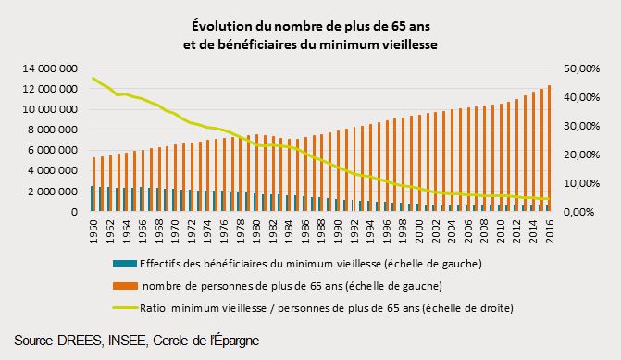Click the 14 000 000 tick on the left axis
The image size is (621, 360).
(x=56, y=68)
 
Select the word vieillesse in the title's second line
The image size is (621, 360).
(x=404, y=43)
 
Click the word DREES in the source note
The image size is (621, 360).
(x=85, y=341)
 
